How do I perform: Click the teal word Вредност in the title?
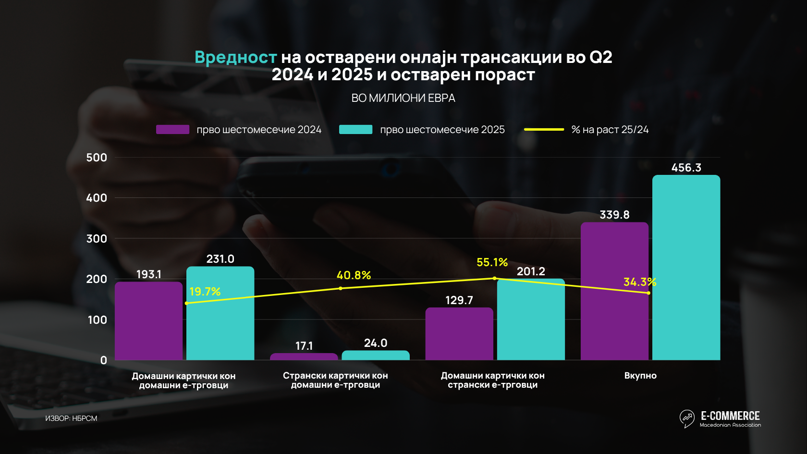click(235, 58)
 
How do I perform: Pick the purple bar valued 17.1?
click(304, 356)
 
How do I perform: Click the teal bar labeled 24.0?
click(375, 355)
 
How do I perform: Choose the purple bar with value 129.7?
click(459, 333)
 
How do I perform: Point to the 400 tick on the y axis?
click(97, 198)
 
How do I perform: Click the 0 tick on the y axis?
click(103, 360)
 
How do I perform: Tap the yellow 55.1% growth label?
click(492, 262)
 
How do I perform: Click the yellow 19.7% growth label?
click(205, 292)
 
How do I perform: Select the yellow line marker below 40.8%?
click(341, 288)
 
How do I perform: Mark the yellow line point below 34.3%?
click(648, 293)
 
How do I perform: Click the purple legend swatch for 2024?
click(172, 130)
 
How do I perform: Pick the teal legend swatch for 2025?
click(355, 130)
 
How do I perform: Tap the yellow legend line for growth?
click(544, 130)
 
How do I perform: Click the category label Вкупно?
click(640, 376)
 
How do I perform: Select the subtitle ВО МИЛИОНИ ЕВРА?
click(403, 98)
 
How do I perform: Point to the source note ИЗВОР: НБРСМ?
click(71, 418)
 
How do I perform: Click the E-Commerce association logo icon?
click(687, 418)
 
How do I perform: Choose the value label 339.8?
click(614, 215)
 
